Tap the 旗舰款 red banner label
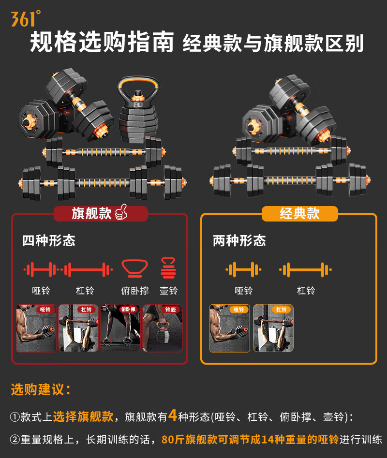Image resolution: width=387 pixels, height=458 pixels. pyautogui.click(x=92, y=214)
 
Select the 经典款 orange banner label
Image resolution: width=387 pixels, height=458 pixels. pyautogui.click(x=299, y=214)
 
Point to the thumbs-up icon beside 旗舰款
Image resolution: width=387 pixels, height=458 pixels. pyautogui.click(x=120, y=213)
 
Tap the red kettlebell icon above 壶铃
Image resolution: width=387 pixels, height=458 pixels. pyautogui.click(x=168, y=268)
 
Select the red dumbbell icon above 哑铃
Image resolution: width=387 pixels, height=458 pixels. pyautogui.click(x=41, y=269)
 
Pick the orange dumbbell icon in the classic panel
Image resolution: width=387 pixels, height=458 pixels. pyautogui.click(x=243, y=269)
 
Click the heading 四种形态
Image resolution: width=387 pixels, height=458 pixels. pyautogui.click(x=48, y=241)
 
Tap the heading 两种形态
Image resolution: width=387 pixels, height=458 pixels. pyautogui.click(x=239, y=241)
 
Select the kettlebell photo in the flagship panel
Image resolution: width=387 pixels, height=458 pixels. pyautogui.click(x=163, y=328)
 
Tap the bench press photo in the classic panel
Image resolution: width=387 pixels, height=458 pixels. pyautogui.click(x=273, y=328)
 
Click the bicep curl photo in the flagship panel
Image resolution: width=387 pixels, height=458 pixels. pyautogui.click(x=36, y=328)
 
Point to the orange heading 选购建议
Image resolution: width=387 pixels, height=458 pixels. pyautogui.click(x=41, y=389)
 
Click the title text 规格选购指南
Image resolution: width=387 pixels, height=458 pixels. pyautogui.click(x=102, y=43)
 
